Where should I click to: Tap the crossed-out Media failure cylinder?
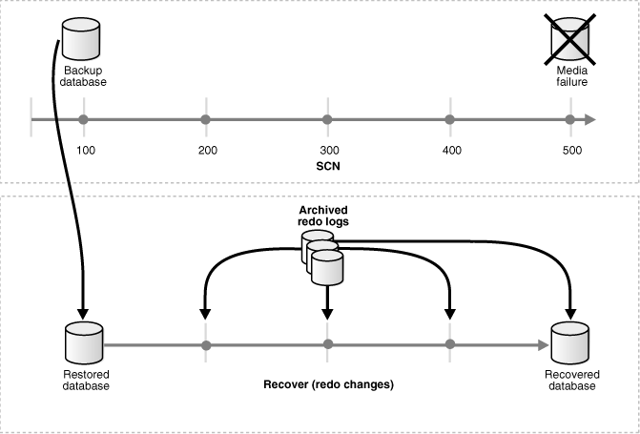pyautogui.click(x=571, y=38)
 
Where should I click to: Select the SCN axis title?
pyautogui.click(x=327, y=166)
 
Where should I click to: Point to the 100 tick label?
pyautogui.click(x=85, y=151)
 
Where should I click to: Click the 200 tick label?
pyautogui.click(x=206, y=151)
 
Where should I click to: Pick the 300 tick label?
pyautogui.click(x=328, y=151)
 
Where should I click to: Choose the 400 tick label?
pyautogui.click(x=450, y=151)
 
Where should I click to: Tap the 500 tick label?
pyautogui.click(x=571, y=151)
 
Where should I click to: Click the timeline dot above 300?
pyautogui.click(x=327, y=119)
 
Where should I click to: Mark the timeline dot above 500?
pyautogui.click(x=570, y=119)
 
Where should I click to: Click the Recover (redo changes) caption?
pyautogui.click(x=328, y=385)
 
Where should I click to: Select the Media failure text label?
pyautogui.click(x=571, y=76)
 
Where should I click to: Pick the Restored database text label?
pyautogui.click(x=82, y=380)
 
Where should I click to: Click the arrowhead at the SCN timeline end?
pyautogui.click(x=590, y=119)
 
